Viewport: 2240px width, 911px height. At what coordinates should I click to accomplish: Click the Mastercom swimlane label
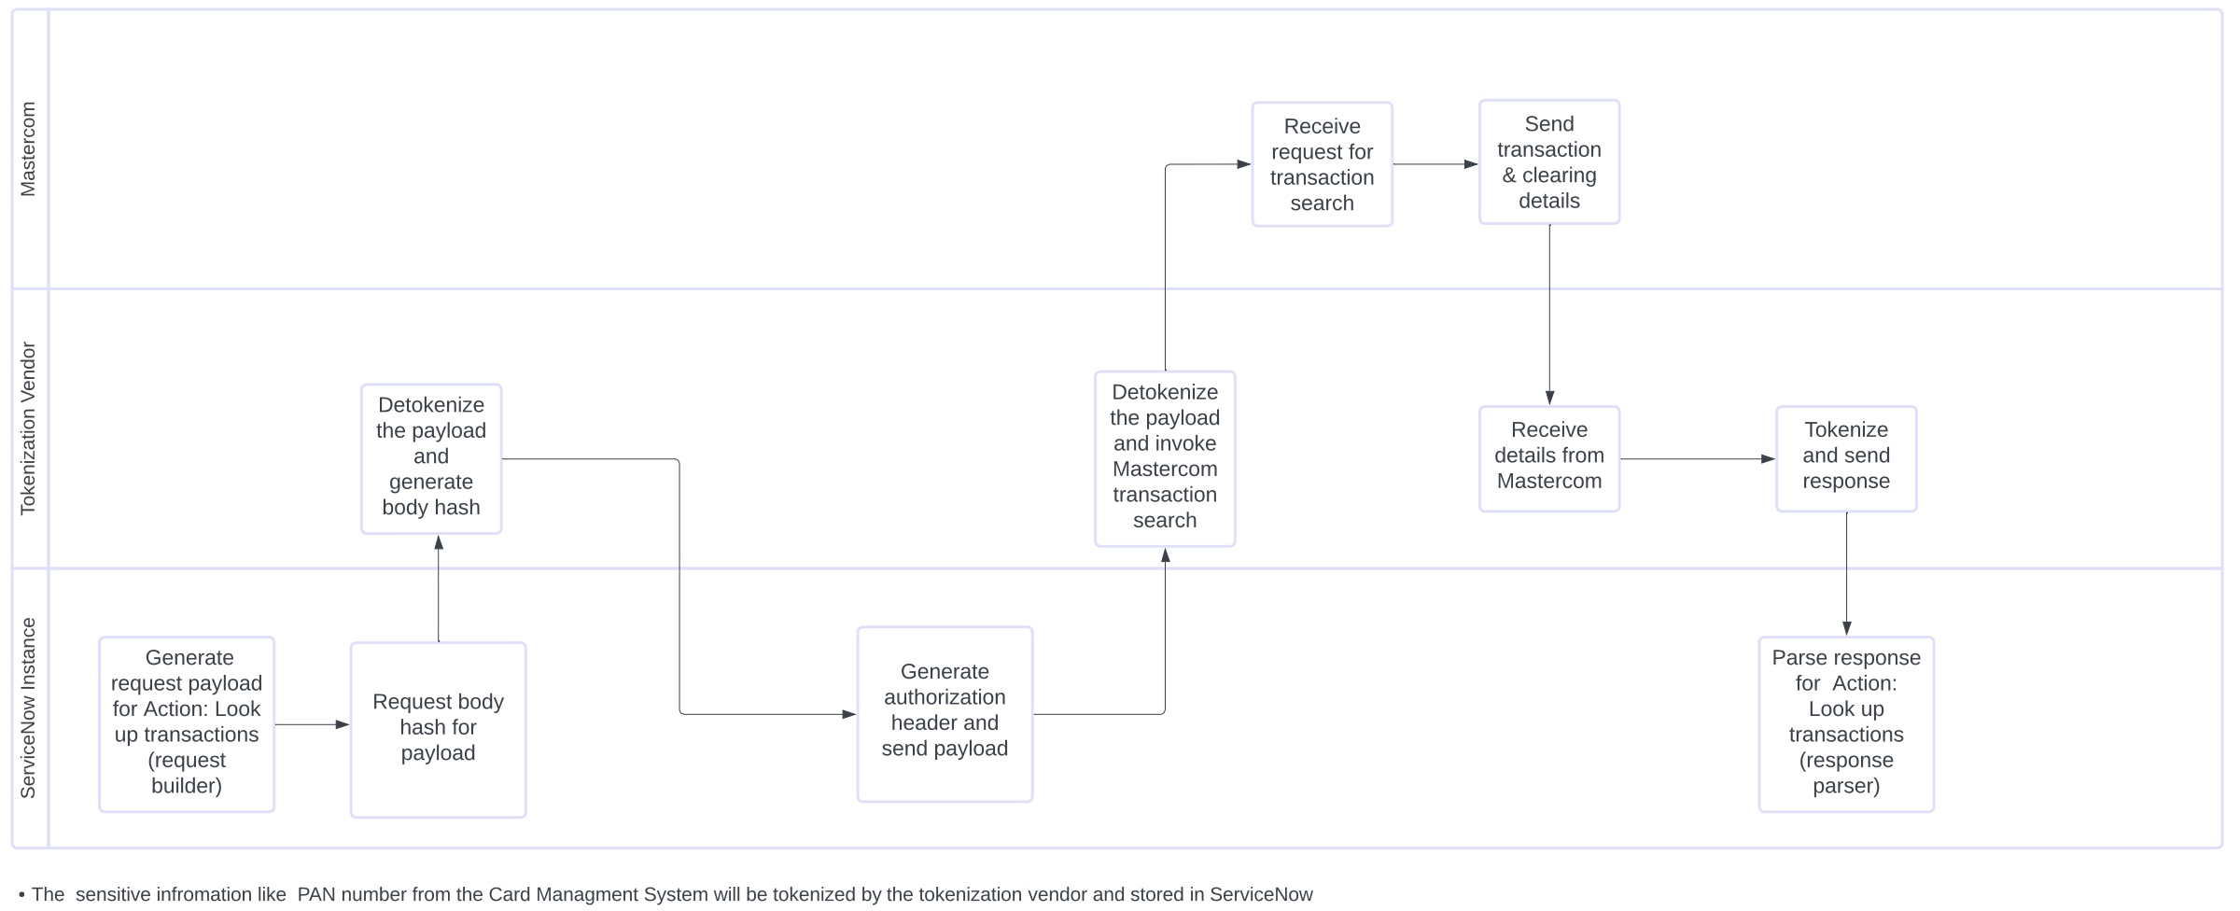coord(29,149)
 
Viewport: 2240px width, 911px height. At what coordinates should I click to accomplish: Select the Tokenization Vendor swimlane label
coord(29,428)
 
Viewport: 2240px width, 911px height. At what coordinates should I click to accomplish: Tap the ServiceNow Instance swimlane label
coord(29,708)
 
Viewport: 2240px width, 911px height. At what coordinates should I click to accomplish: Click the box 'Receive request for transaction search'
coord(1322,164)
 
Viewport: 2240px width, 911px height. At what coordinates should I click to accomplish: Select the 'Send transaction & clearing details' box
coord(1549,162)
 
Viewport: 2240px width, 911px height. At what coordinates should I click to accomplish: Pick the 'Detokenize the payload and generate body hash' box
coord(431,459)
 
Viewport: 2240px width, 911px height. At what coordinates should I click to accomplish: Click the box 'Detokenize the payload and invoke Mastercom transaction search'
coord(1165,459)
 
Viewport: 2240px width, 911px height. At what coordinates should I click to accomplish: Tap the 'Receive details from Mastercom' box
coord(1549,459)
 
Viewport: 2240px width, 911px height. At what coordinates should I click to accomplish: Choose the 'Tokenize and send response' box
coord(1846,459)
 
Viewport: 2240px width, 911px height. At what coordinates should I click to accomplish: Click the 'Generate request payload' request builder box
coord(187,724)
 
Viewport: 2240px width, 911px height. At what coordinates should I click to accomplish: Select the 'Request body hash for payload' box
coord(438,730)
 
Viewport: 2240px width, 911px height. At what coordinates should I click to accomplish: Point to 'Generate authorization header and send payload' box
coord(945,714)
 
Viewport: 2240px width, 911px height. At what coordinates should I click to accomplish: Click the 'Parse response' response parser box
coord(1846,724)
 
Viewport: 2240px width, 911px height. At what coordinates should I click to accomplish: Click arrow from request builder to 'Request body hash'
coord(313,724)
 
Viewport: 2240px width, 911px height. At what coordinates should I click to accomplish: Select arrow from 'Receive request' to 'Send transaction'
coord(1436,164)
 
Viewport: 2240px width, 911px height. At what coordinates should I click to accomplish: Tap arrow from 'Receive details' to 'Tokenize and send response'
coord(1698,459)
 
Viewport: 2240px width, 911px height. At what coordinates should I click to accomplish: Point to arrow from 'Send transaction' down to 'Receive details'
coord(1549,315)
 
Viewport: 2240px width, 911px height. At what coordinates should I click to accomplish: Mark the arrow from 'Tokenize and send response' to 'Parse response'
coord(1846,574)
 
